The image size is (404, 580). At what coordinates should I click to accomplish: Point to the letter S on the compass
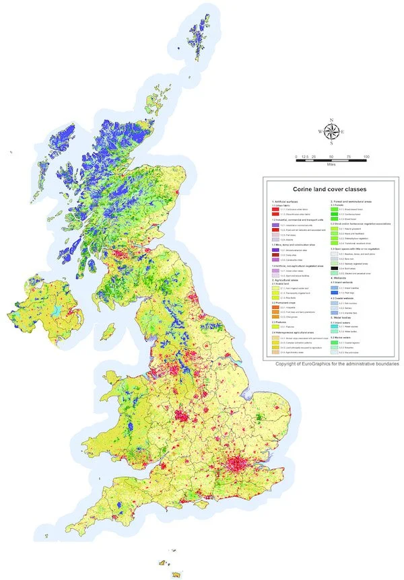[x=331, y=143]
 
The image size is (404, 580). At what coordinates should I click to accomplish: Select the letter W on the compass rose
[x=320, y=132]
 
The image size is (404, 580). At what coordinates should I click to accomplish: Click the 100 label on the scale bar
[x=366, y=157]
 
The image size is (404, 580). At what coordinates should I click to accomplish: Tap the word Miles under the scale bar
[x=331, y=164]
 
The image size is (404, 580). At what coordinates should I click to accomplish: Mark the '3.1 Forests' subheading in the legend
[x=340, y=206]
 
